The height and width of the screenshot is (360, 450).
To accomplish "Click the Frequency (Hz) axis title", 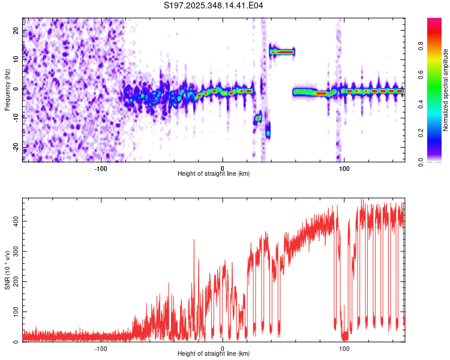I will point(7,90).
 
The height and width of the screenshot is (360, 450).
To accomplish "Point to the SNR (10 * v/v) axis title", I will point(7,271).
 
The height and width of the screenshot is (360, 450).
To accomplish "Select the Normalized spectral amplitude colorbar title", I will point(446,90).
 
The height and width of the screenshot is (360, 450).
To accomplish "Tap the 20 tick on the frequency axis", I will point(16,30).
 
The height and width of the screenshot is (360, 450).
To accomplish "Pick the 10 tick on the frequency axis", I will point(16,59).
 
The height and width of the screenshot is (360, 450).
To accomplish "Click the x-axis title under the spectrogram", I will point(214,173).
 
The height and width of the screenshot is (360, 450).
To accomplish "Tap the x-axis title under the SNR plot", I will point(214,353).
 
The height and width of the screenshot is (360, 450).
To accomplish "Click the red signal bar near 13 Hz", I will point(282,52).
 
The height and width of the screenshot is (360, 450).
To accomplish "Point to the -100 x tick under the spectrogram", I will point(100,168).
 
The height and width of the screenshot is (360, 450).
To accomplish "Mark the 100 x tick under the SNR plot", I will point(344,348).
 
